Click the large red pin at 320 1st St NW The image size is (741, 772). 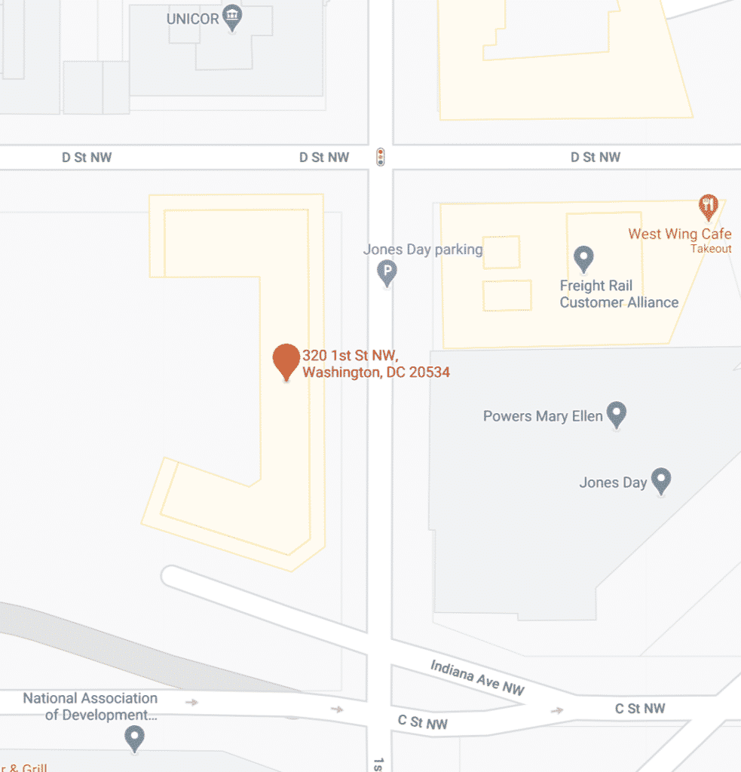[x=286, y=360]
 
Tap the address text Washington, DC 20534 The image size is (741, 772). [x=375, y=372]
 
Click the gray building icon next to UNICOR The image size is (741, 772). [x=234, y=17]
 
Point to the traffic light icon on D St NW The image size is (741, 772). [x=381, y=157]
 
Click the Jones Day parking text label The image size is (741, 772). [x=422, y=250]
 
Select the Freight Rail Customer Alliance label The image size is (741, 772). [x=618, y=294]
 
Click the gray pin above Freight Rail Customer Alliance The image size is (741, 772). [x=583, y=259]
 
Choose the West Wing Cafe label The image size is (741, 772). [x=679, y=234]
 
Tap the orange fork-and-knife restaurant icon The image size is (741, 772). [x=707, y=204]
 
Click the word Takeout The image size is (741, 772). [x=710, y=249]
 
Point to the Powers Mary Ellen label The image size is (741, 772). [x=543, y=416]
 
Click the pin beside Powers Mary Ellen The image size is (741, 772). [x=617, y=414]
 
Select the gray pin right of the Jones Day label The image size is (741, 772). [x=661, y=480]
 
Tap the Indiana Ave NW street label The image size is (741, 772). [x=476, y=676]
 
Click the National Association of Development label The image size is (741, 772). [x=90, y=706]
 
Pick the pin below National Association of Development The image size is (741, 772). [x=135, y=738]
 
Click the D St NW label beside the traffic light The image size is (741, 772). [x=324, y=157]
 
